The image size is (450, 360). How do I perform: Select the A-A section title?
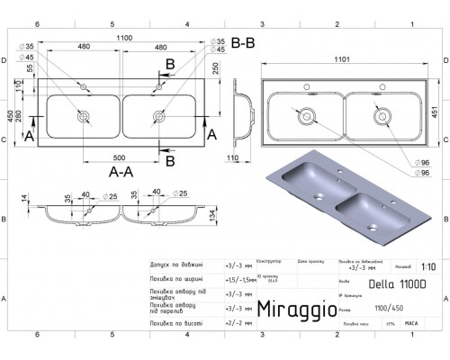(121, 169)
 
